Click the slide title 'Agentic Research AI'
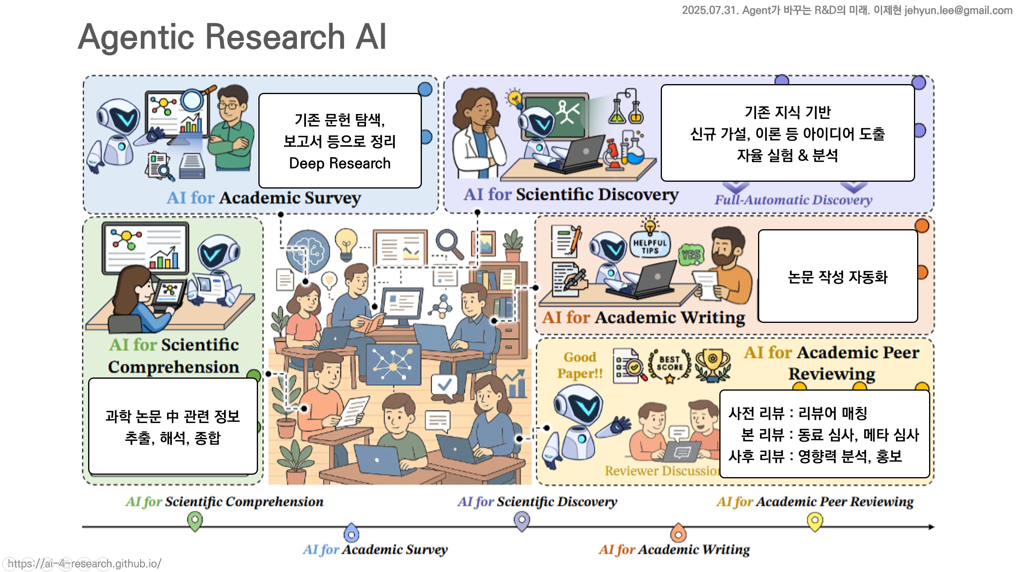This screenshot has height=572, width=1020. tap(232, 37)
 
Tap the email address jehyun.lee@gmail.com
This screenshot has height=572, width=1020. tap(958, 10)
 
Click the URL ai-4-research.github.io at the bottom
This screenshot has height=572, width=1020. tap(85, 563)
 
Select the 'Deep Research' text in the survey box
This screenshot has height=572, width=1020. tap(340, 163)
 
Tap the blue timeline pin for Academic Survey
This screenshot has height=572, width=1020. tap(351, 532)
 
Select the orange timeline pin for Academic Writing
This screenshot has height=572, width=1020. tap(678, 532)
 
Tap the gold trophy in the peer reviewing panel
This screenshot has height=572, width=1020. tap(713, 364)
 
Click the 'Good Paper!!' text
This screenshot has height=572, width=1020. tap(580, 365)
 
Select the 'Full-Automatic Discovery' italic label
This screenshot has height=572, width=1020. tap(793, 200)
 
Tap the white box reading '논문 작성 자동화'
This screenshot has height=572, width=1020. tap(838, 276)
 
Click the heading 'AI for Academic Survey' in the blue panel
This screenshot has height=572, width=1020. tap(264, 198)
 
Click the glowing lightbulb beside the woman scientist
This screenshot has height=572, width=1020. tap(514, 98)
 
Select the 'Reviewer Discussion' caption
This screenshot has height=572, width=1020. tap(662, 471)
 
